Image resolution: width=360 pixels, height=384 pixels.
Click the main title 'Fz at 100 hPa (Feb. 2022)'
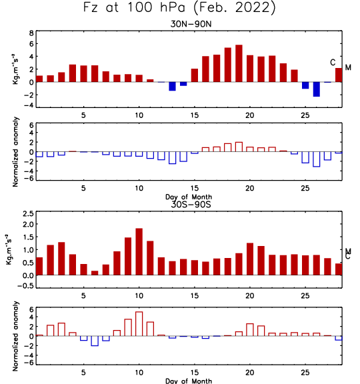pyautogui.click(x=179, y=7)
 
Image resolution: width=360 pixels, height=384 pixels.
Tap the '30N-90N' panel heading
pyautogui.click(x=191, y=24)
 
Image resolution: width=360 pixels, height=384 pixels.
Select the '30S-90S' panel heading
pyautogui.click(x=191, y=204)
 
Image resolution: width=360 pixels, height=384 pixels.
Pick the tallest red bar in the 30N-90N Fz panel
pyautogui.click(x=239, y=63)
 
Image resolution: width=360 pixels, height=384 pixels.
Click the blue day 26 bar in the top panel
pyautogui.click(x=317, y=89)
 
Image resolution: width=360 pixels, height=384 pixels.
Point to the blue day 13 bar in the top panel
pyautogui.click(x=172, y=87)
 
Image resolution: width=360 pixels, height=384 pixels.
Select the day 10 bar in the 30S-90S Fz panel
pyautogui.click(x=139, y=252)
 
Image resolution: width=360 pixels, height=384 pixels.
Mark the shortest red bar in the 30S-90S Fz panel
pyautogui.click(x=95, y=273)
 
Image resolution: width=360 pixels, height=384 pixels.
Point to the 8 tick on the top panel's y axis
pyautogui.click(x=31, y=33)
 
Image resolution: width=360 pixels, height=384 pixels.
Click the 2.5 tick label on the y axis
pyautogui.click(x=28, y=214)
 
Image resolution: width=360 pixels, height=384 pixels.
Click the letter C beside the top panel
pyautogui.click(x=333, y=63)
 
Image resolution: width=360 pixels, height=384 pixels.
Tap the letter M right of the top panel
pyautogui.click(x=348, y=67)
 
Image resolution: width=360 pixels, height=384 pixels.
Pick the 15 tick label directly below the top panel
pyautogui.click(x=195, y=115)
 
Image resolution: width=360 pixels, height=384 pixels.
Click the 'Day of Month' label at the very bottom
pyautogui.click(x=189, y=381)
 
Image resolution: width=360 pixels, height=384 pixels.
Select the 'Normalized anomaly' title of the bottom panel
pyautogui.click(x=15, y=336)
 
